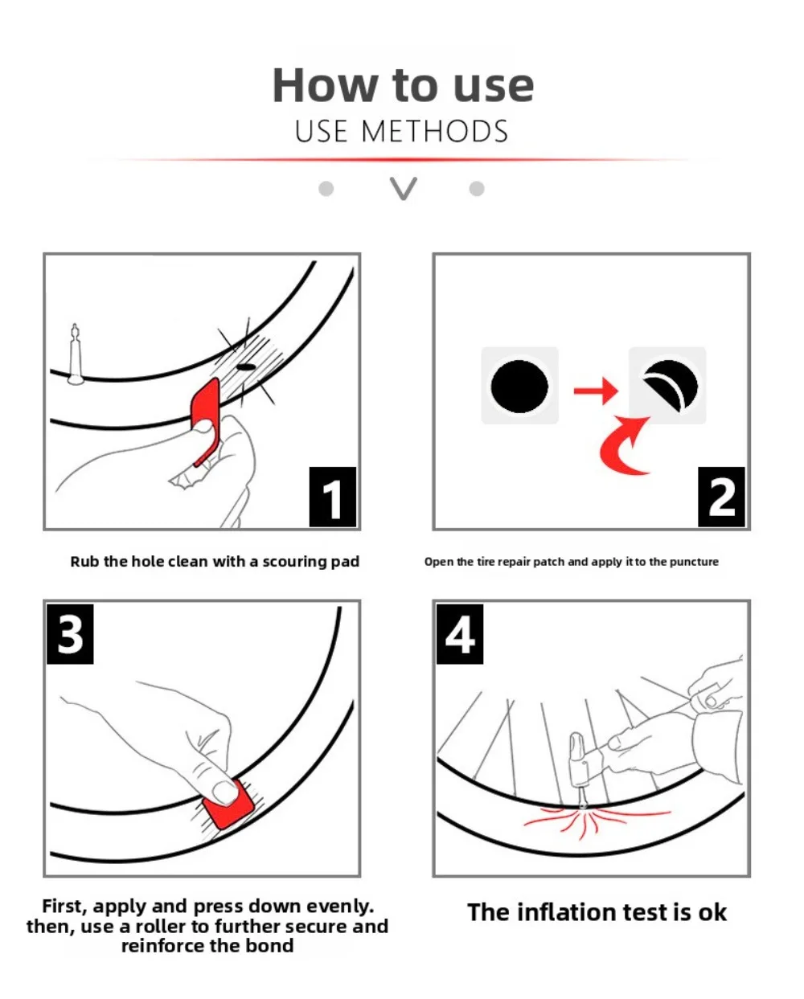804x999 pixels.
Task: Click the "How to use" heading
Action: point(403,85)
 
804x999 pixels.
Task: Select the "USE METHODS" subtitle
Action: point(402,131)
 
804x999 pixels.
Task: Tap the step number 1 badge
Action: point(333,497)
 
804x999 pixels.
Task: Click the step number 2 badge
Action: point(721,497)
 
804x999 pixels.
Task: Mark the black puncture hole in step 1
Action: point(246,367)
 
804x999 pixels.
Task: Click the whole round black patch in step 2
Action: point(519,387)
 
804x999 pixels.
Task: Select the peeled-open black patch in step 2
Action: point(671,385)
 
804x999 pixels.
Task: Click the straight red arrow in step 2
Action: point(596,391)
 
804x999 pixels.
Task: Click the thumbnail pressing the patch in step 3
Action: point(224,792)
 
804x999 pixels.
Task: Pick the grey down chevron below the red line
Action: point(403,189)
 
